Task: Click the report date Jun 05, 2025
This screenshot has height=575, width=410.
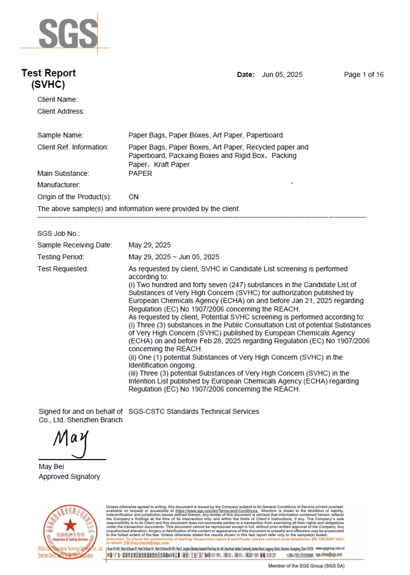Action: (282, 75)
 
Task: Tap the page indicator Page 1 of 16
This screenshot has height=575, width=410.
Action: (363, 75)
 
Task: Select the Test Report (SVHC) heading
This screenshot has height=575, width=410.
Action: (48, 79)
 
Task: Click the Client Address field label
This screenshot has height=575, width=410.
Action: (61, 111)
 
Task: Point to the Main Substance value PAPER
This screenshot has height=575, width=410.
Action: (140, 174)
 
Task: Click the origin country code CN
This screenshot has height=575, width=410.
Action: (133, 197)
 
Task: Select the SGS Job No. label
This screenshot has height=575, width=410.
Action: (58, 234)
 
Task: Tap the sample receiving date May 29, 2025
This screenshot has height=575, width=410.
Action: (149, 245)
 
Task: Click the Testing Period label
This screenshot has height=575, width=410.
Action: (61, 257)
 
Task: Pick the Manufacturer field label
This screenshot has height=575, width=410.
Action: (59, 185)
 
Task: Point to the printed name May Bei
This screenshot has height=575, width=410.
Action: (51, 467)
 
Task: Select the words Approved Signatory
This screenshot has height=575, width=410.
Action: (69, 477)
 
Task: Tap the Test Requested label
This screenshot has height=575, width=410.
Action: (63, 269)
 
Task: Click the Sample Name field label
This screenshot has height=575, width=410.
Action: (60, 135)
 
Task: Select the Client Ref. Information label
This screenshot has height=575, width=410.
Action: (73, 147)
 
